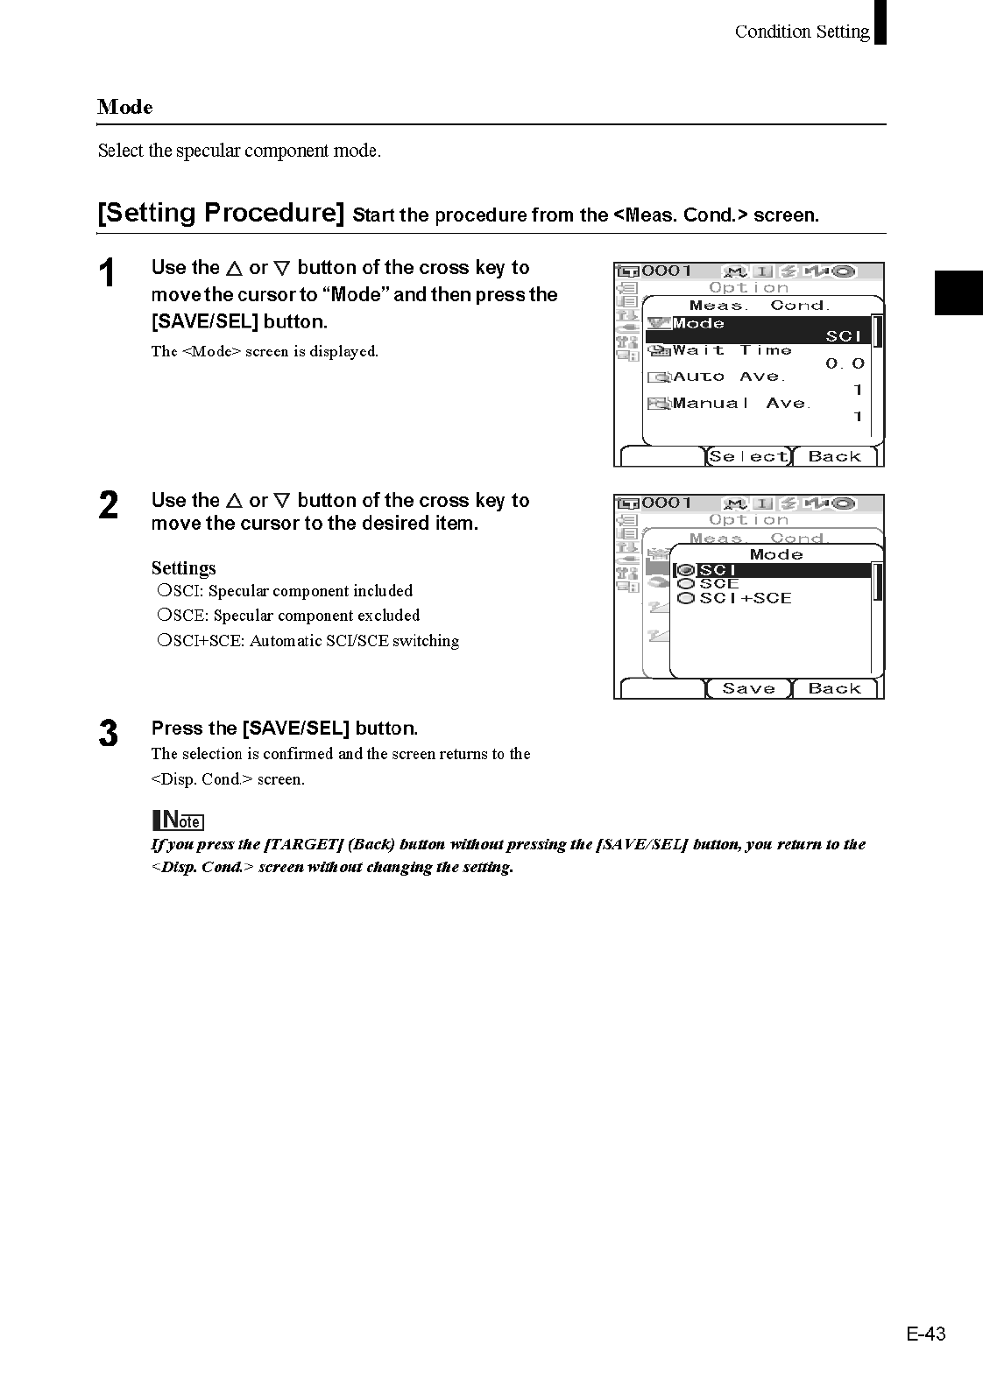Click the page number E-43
[926, 1334]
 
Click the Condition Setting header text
[802, 32]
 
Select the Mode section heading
[125, 107]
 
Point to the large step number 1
[107, 274]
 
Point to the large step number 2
[108, 506]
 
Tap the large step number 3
[108, 734]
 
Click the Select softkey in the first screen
[748, 456]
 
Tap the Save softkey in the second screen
[748, 688]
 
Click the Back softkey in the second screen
[834, 688]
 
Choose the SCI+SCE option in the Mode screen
[745, 599]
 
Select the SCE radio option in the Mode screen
[718, 584]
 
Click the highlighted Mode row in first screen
[759, 330]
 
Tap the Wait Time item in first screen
[732, 351]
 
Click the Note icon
[178, 820]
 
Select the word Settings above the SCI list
[183, 568]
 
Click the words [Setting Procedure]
[221, 213]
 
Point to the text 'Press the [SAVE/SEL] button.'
[285, 729]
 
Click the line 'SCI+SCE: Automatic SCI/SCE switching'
[308, 641]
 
